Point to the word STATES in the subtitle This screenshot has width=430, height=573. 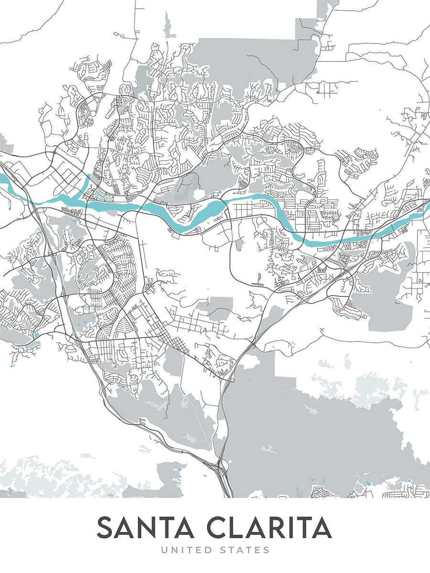click(245, 551)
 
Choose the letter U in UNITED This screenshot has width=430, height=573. click(164, 551)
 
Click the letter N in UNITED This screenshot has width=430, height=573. click(174, 551)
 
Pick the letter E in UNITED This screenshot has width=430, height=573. click(199, 551)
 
